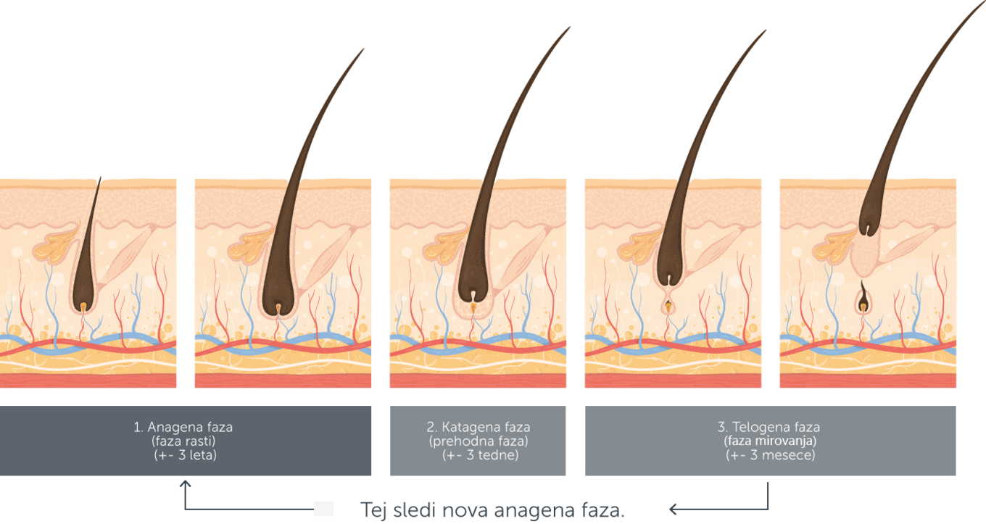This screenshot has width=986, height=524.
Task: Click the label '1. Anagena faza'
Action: (x=183, y=427)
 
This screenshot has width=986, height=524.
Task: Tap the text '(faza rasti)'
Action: (x=183, y=441)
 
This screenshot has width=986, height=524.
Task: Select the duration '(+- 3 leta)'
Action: (x=186, y=455)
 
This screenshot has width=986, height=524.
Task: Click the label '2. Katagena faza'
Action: (x=478, y=427)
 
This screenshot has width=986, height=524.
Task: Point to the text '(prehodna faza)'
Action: (x=478, y=441)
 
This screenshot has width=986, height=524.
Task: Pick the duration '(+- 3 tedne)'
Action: (x=480, y=455)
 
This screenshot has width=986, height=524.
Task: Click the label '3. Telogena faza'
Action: (x=769, y=427)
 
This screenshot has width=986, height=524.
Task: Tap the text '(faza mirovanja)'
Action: (x=770, y=441)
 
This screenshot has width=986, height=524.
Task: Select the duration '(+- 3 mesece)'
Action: (x=770, y=455)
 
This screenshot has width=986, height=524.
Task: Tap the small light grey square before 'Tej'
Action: (x=323, y=509)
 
